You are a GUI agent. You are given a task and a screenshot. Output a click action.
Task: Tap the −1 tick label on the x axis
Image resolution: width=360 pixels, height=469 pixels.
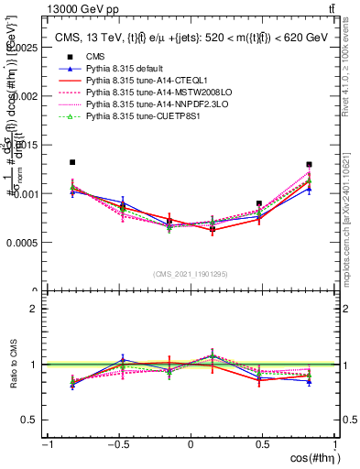(x=46, y=444)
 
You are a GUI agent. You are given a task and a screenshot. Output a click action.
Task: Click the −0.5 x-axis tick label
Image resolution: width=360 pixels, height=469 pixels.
(x=117, y=444)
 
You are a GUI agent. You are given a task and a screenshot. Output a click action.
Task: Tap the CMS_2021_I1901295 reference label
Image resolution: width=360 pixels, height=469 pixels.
(x=190, y=274)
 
